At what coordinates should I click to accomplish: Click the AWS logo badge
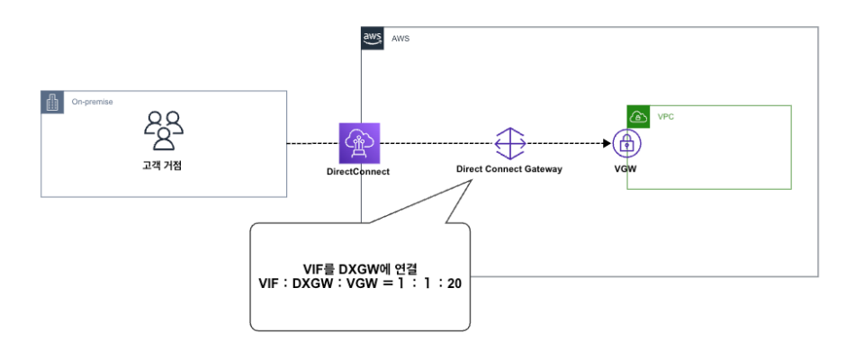372,38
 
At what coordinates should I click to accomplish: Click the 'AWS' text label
400,39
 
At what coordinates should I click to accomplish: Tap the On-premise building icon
52,102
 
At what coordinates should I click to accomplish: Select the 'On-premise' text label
93,103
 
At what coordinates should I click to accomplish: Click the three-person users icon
164,130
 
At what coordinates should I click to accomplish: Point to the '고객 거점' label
163,165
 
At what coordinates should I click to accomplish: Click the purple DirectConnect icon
359,143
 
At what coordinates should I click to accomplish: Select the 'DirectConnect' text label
358,171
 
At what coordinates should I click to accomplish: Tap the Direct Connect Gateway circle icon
509,143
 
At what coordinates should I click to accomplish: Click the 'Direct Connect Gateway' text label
509,169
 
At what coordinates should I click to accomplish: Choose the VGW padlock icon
626,143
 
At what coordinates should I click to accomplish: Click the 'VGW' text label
625,168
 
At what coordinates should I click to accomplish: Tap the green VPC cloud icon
638,116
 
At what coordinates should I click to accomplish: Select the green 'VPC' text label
666,117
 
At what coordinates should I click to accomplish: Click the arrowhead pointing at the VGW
606,143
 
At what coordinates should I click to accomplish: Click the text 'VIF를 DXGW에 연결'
360,268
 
